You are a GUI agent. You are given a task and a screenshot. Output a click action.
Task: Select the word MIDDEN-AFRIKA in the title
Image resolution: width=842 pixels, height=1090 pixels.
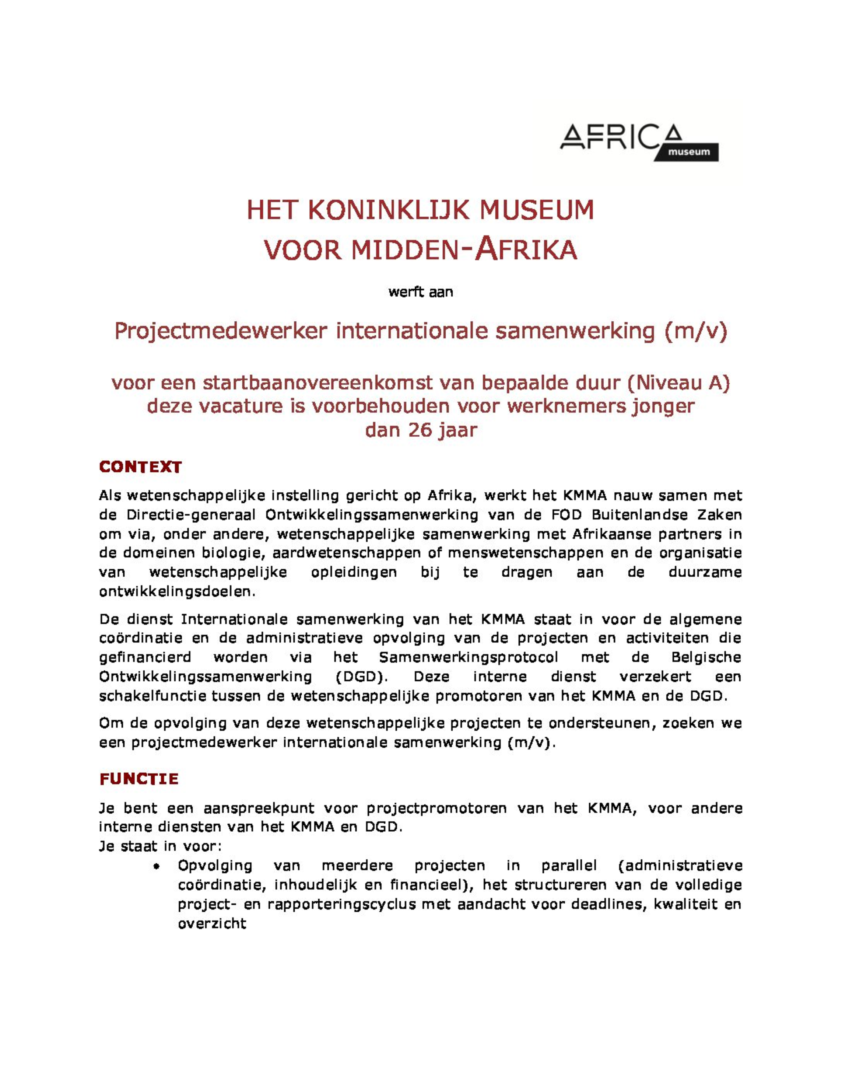point(464,250)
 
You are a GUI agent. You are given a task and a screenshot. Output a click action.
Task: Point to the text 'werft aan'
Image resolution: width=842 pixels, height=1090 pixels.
point(421,292)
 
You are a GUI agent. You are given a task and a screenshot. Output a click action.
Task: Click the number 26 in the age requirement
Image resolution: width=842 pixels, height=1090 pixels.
point(420,430)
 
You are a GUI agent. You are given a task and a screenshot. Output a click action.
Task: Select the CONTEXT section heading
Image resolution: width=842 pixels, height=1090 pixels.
point(140,467)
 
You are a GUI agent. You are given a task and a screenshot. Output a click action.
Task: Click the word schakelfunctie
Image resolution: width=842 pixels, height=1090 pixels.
point(152,696)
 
